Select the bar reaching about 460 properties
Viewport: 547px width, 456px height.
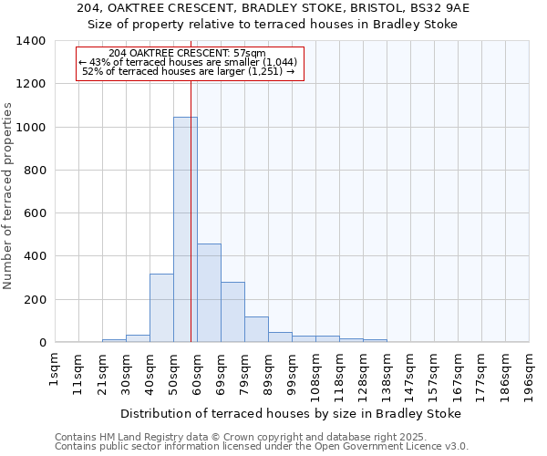tap(209, 293)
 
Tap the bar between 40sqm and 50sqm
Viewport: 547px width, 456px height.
tap(161, 308)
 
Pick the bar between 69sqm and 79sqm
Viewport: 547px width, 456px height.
tap(232, 312)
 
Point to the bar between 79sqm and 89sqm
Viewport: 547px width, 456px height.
tap(256, 329)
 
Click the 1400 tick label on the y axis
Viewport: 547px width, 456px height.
tap(31, 41)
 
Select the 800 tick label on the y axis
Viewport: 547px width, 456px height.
tap(35, 171)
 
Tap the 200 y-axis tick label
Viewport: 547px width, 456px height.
tap(35, 300)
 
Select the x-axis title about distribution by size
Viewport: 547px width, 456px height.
tap(291, 413)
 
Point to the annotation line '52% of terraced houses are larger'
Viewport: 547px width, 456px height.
tap(189, 71)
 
